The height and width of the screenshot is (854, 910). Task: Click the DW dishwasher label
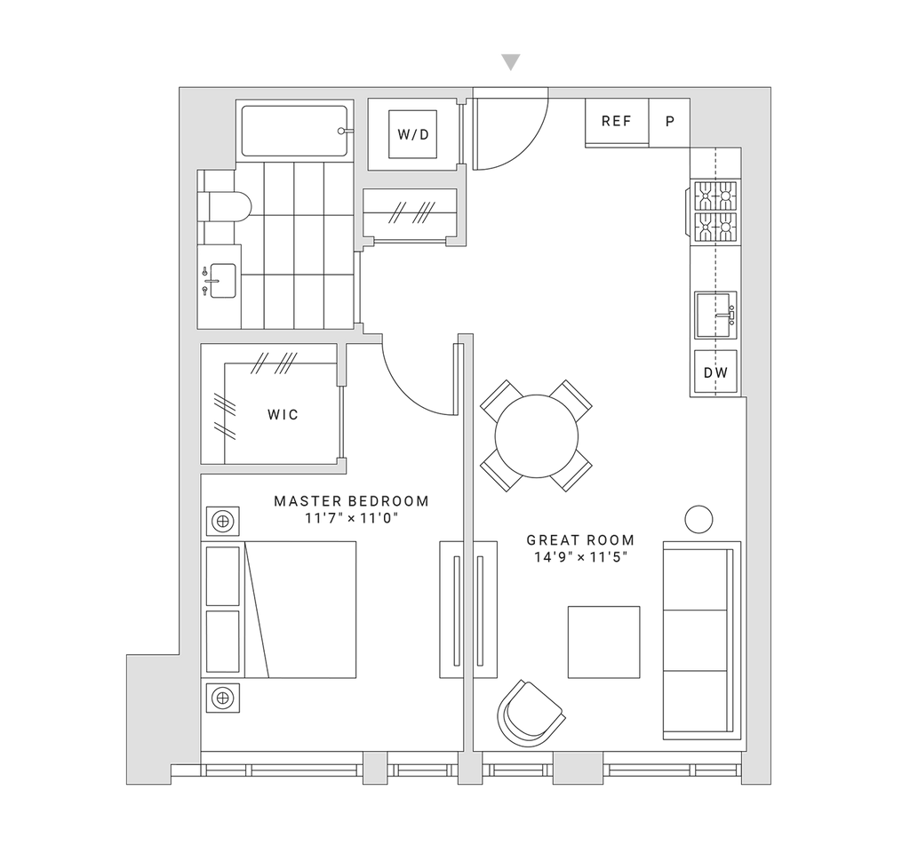715,373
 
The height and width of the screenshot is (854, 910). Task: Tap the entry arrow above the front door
510,62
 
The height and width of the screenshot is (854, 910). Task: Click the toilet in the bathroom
224,206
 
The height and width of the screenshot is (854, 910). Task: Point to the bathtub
293,131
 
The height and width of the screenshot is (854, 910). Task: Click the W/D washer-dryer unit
413,135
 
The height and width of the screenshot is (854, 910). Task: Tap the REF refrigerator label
617,122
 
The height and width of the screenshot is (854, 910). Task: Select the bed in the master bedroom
302,609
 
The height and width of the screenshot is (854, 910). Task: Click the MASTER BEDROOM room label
352,501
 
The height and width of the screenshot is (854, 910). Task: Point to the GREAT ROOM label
579,540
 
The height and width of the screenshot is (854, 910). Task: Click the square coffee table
603,642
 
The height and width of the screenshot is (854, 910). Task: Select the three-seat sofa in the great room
702,640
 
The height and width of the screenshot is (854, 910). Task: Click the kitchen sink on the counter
716,315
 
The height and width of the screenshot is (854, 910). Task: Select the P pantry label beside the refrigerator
671,122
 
